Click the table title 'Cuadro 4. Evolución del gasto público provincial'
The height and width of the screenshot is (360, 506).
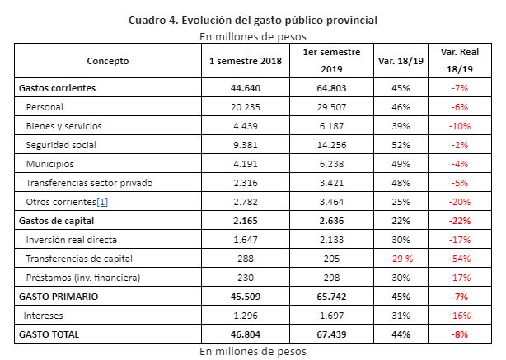253,21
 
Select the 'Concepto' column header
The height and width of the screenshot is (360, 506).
108,61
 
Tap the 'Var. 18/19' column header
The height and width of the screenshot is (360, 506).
401,61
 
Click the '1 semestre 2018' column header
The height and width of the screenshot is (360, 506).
246,61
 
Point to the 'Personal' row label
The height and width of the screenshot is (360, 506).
45,107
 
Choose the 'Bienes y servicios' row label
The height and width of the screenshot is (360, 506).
64,126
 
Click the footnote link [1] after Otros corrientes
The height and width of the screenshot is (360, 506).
102,202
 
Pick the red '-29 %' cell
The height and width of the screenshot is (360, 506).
401,259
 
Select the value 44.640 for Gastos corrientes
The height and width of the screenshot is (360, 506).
246,88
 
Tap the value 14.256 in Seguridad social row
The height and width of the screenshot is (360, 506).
332,145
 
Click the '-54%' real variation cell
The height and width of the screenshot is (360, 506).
460,259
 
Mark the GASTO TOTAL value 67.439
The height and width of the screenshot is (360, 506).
332,334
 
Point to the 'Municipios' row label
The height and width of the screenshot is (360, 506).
50,164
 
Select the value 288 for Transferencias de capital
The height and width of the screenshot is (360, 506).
246,259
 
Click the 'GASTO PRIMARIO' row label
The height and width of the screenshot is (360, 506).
59,297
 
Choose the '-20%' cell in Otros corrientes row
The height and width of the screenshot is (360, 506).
460,202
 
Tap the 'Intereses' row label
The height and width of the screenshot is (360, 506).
43,316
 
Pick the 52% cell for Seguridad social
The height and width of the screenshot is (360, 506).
401,145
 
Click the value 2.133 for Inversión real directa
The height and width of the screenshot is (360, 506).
332,240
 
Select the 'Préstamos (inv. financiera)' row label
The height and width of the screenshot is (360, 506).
83,278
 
